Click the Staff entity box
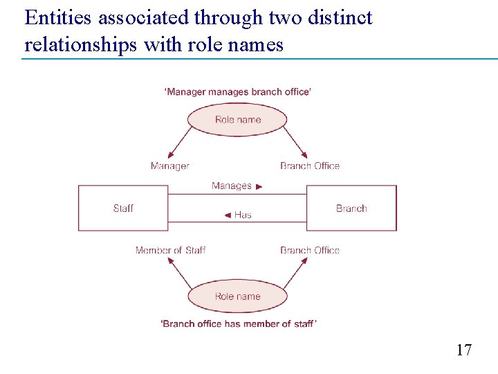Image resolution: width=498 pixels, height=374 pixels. (x=123, y=208)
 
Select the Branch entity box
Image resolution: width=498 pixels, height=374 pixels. (x=351, y=208)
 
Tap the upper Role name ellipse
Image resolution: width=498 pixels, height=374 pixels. (x=237, y=120)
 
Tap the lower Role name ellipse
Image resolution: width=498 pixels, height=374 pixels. (x=237, y=296)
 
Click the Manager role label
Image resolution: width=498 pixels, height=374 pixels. (x=169, y=166)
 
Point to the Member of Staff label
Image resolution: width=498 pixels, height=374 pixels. (x=170, y=250)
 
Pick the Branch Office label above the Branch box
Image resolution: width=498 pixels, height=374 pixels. (x=310, y=166)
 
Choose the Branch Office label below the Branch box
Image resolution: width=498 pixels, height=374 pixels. (x=310, y=250)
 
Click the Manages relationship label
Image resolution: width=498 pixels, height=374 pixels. (x=231, y=186)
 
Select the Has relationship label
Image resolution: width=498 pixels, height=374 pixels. (x=243, y=215)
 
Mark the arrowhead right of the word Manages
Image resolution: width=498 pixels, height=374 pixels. (x=259, y=186)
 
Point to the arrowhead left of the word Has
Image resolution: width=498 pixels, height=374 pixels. (x=228, y=215)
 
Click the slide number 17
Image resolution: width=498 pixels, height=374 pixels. (x=463, y=350)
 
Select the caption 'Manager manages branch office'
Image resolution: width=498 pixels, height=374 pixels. (x=238, y=92)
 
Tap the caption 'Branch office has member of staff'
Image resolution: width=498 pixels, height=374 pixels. (x=239, y=323)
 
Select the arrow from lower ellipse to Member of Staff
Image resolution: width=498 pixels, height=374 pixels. (x=179, y=274)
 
